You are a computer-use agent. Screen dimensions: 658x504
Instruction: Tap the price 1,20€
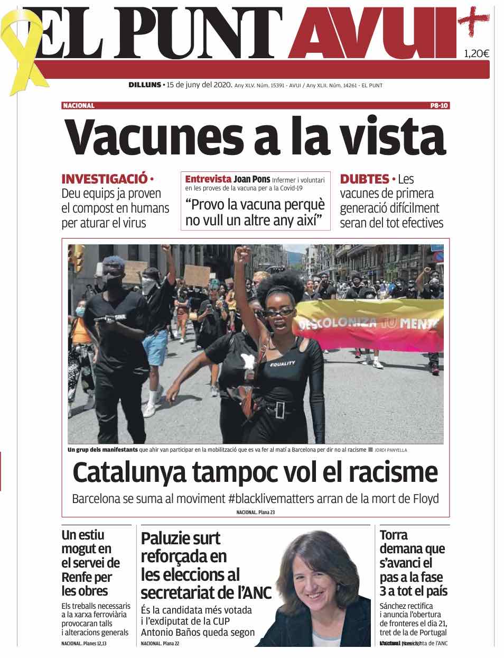476,53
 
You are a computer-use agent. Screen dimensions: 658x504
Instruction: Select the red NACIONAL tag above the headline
79,105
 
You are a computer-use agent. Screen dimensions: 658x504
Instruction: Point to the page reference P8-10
439,105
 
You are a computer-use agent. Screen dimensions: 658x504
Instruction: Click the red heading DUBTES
364,179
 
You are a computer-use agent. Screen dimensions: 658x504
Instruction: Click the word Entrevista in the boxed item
208,179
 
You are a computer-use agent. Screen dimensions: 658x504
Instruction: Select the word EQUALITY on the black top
283,364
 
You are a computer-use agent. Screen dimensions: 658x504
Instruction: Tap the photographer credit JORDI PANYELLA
391,450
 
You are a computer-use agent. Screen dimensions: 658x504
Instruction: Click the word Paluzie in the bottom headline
169,538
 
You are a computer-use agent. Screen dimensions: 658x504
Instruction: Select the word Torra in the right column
394,535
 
